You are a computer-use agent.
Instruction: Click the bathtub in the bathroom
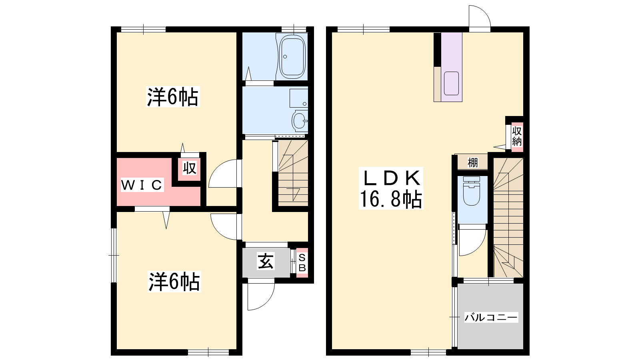click(x=292, y=56)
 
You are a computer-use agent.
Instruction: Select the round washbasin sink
click(x=300, y=120)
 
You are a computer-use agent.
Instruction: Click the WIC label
click(x=142, y=185)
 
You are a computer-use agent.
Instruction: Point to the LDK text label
click(x=391, y=178)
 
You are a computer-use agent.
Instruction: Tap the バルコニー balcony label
click(x=491, y=317)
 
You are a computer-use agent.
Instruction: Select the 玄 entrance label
click(x=266, y=261)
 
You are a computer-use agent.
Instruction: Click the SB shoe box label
click(x=302, y=263)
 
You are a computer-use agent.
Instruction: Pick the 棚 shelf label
click(x=472, y=162)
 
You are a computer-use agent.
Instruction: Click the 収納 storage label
click(x=517, y=136)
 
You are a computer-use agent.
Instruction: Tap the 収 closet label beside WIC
click(x=189, y=168)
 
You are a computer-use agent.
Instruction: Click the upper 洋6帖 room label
click(x=172, y=97)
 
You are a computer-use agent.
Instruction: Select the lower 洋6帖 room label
click(x=174, y=282)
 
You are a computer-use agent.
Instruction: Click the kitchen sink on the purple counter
click(x=452, y=83)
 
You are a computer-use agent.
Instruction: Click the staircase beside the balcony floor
click(x=508, y=218)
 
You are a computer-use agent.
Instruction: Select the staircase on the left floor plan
click(x=293, y=173)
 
